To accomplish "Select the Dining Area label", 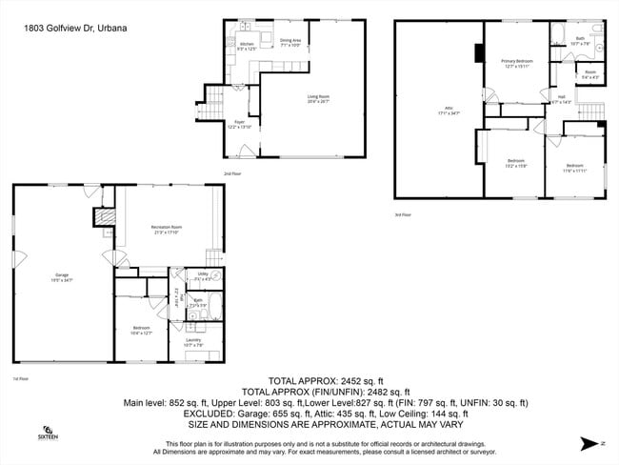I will [290, 42].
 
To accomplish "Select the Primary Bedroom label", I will [517, 63].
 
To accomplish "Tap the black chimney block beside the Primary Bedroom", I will [477, 52].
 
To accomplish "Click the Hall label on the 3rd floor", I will [562, 98].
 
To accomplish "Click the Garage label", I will [62, 278].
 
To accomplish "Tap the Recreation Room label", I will [167, 229].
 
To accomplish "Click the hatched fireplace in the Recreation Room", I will [106, 218].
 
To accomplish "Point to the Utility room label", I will [203, 276].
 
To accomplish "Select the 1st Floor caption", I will [20, 379].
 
